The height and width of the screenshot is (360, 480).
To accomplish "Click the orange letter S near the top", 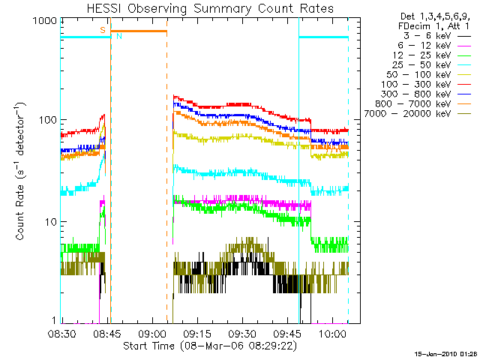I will point(103,30).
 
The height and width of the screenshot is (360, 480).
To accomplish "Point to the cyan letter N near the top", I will point(118,36).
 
